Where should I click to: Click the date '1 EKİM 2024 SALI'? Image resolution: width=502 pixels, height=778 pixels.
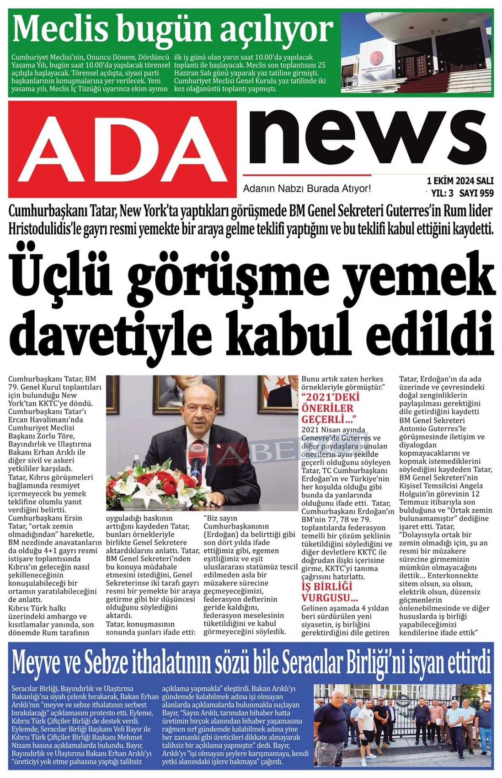click(x=459, y=180)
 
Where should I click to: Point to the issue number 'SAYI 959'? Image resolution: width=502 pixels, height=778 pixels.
click(x=476, y=193)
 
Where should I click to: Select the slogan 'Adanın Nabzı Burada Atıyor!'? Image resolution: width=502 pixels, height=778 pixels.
click(x=307, y=189)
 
